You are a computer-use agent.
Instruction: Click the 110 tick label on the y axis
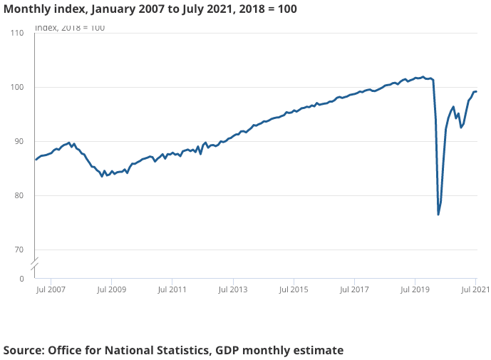pos(17,33)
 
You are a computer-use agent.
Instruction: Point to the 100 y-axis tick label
pos(17,87)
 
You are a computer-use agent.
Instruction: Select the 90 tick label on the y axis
pos(19,141)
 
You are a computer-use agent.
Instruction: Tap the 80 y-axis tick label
pos(19,195)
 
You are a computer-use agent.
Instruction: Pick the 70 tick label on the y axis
pos(19,250)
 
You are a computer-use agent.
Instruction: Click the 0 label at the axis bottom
pos(21,279)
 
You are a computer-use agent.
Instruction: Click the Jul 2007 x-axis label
pos(51,290)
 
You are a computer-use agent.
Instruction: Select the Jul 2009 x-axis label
pos(112,290)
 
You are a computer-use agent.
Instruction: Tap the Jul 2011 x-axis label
pos(172,290)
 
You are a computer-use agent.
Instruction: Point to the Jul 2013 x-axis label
pos(233,290)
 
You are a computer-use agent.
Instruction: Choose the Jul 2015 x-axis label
pos(294,290)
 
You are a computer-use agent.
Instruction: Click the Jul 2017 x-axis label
pos(354,290)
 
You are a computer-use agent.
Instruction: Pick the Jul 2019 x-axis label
pos(415,290)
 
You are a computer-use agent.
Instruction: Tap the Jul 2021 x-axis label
pos(475,290)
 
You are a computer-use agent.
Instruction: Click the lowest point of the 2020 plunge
pos(438,215)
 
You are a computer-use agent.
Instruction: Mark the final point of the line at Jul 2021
pos(476,91)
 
